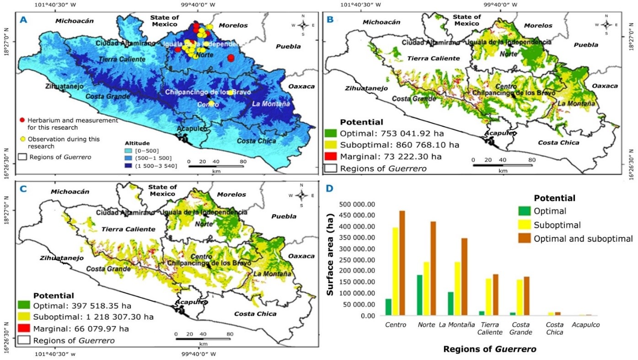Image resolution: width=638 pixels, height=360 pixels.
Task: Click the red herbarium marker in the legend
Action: [22, 120]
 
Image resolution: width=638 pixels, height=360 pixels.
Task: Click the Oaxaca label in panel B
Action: [603, 86]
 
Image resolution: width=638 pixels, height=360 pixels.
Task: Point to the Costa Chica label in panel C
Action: [255, 314]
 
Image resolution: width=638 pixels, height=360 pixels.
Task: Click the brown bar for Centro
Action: [402, 263]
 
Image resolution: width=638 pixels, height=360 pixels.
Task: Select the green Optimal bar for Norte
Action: [419, 295]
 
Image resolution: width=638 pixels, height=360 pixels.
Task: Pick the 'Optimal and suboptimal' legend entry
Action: [583, 238]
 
